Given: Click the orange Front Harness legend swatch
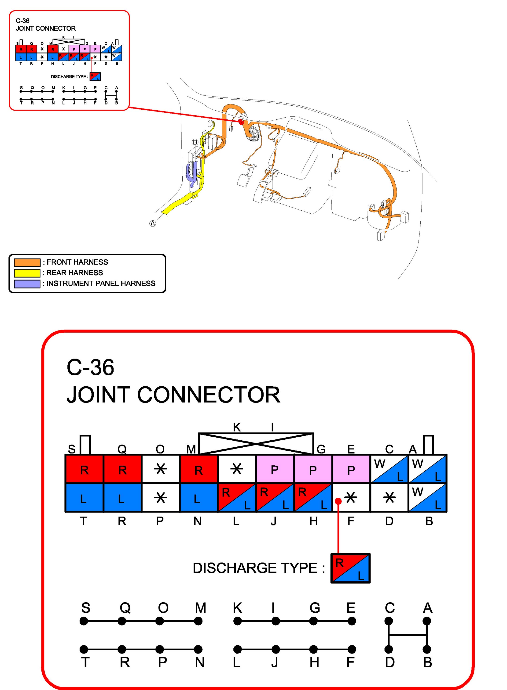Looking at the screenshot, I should (27, 262).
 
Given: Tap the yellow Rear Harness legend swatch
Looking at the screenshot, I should (27, 273).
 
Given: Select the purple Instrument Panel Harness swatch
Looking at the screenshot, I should (27, 284).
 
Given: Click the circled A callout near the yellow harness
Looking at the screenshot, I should (153, 224).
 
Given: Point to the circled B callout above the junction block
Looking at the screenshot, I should (195, 142).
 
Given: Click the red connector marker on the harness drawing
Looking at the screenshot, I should (241, 122).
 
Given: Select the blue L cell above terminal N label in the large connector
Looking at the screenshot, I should (198, 499).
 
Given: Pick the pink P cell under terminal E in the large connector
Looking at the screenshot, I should (351, 470).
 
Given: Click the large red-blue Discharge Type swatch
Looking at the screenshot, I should (350, 568).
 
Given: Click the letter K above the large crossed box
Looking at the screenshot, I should (237, 427).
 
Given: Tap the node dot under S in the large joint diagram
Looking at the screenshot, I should (84, 621).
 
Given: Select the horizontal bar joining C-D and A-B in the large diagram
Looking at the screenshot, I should (408, 635).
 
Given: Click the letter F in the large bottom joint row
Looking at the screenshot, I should (350, 662).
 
